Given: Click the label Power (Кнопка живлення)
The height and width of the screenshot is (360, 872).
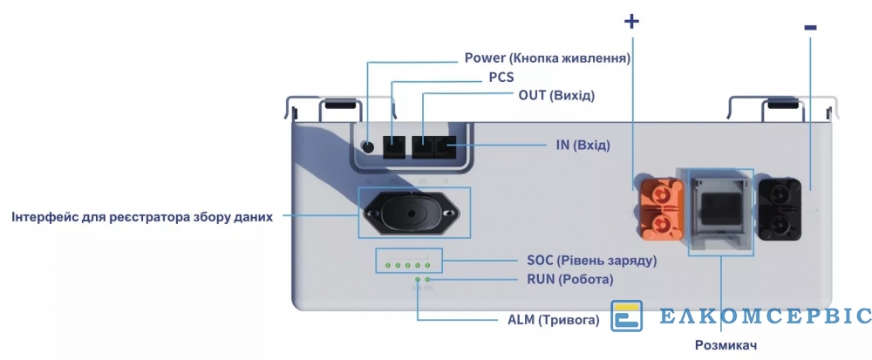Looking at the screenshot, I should click(547, 58).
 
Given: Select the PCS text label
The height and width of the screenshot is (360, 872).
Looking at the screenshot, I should click(501, 77).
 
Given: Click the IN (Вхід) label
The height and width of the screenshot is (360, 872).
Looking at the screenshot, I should click(582, 145).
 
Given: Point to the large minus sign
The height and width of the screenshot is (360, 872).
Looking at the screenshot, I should click(810, 28).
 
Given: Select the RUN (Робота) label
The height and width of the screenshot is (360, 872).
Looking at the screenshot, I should click(570, 280).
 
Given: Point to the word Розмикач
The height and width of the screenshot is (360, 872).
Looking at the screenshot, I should click(726, 345).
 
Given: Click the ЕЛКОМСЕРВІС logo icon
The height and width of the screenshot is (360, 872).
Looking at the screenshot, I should click(626, 316).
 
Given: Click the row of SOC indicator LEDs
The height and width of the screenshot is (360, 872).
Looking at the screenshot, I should click(408, 264).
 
